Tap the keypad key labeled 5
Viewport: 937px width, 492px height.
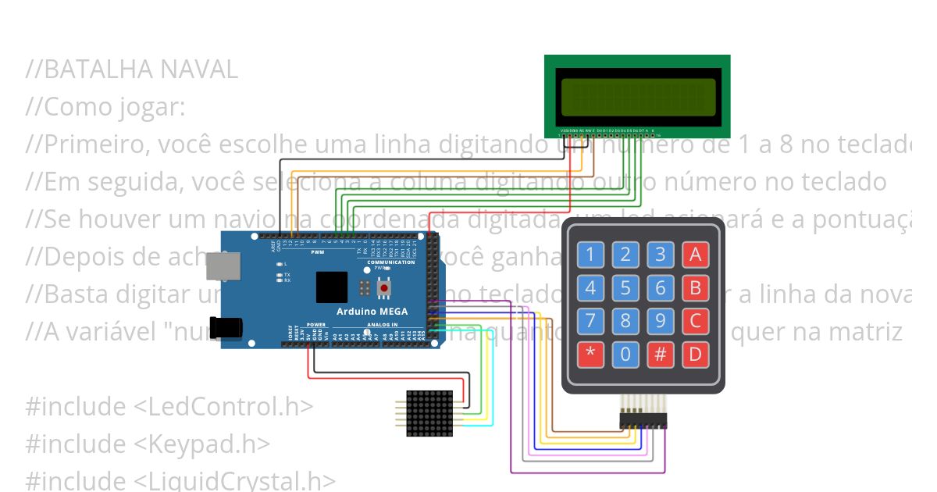[625, 287]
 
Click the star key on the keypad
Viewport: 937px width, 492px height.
[590, 355]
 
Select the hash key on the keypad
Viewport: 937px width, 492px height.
[661, 355]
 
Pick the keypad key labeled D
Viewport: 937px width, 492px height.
[695, 355]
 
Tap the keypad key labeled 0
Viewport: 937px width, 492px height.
[625, 355]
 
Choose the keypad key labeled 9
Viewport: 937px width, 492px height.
[661, 321]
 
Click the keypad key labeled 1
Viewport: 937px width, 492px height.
[590, 254]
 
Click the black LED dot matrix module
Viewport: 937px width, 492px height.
[429, 413]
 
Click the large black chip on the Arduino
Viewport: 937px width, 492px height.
[332, 287]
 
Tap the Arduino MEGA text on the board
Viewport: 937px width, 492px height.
[371, 312]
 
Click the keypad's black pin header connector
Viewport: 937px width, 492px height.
[643, 419]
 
